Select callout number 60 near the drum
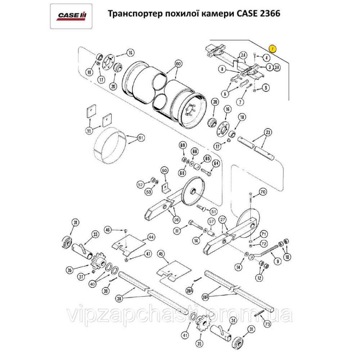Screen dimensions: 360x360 pyautogui.click(x=177, y=63)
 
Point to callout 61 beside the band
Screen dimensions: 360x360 pyautogui.click(x=141, y=138)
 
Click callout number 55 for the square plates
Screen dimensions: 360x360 pyautogui.click(x=89, y=131)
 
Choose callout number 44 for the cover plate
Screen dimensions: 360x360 pyautogui.click(x=150, y=237)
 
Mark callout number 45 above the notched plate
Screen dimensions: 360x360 pyautogui.click(x=161, y=253)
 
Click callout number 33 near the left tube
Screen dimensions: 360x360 pyautogui.click(x=95, y=234)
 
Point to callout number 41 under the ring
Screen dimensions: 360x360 pyautogui.click(x=185, y=335)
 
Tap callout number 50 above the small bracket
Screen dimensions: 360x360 pyautogui.click(x=164, y=170)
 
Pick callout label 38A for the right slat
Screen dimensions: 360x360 pyautogui.click(x=206, y=297)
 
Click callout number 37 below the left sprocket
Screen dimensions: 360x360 pyautogui.click(x=82, y=276)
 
